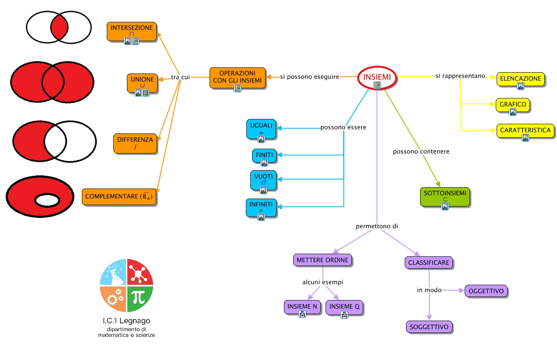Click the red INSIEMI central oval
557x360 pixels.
coord(377,77)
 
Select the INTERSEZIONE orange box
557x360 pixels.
coord(132,31)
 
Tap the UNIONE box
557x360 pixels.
coord(142,83)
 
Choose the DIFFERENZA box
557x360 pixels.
coord(135,143)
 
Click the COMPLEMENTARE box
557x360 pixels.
coord(119,197)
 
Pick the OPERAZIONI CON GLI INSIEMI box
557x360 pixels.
coord(238,78)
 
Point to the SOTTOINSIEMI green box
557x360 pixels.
coord(445,197)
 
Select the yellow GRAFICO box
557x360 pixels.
coord(513,105)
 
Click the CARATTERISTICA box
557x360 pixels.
coord(525,130)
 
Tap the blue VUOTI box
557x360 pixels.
coord(263,180)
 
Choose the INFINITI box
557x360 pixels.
coord(261,208)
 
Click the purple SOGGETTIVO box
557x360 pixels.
coord(429,327)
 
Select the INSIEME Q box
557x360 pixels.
coord(344,308)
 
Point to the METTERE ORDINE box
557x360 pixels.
coord(322,260)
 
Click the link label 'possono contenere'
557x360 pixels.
coord(421,151)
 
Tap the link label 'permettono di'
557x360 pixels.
coord(377,226)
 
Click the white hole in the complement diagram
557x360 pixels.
coord(47,200)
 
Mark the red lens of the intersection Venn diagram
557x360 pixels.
coord(59,28)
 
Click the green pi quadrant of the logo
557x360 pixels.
coord(140,299)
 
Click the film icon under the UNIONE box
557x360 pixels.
coord(146,93)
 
